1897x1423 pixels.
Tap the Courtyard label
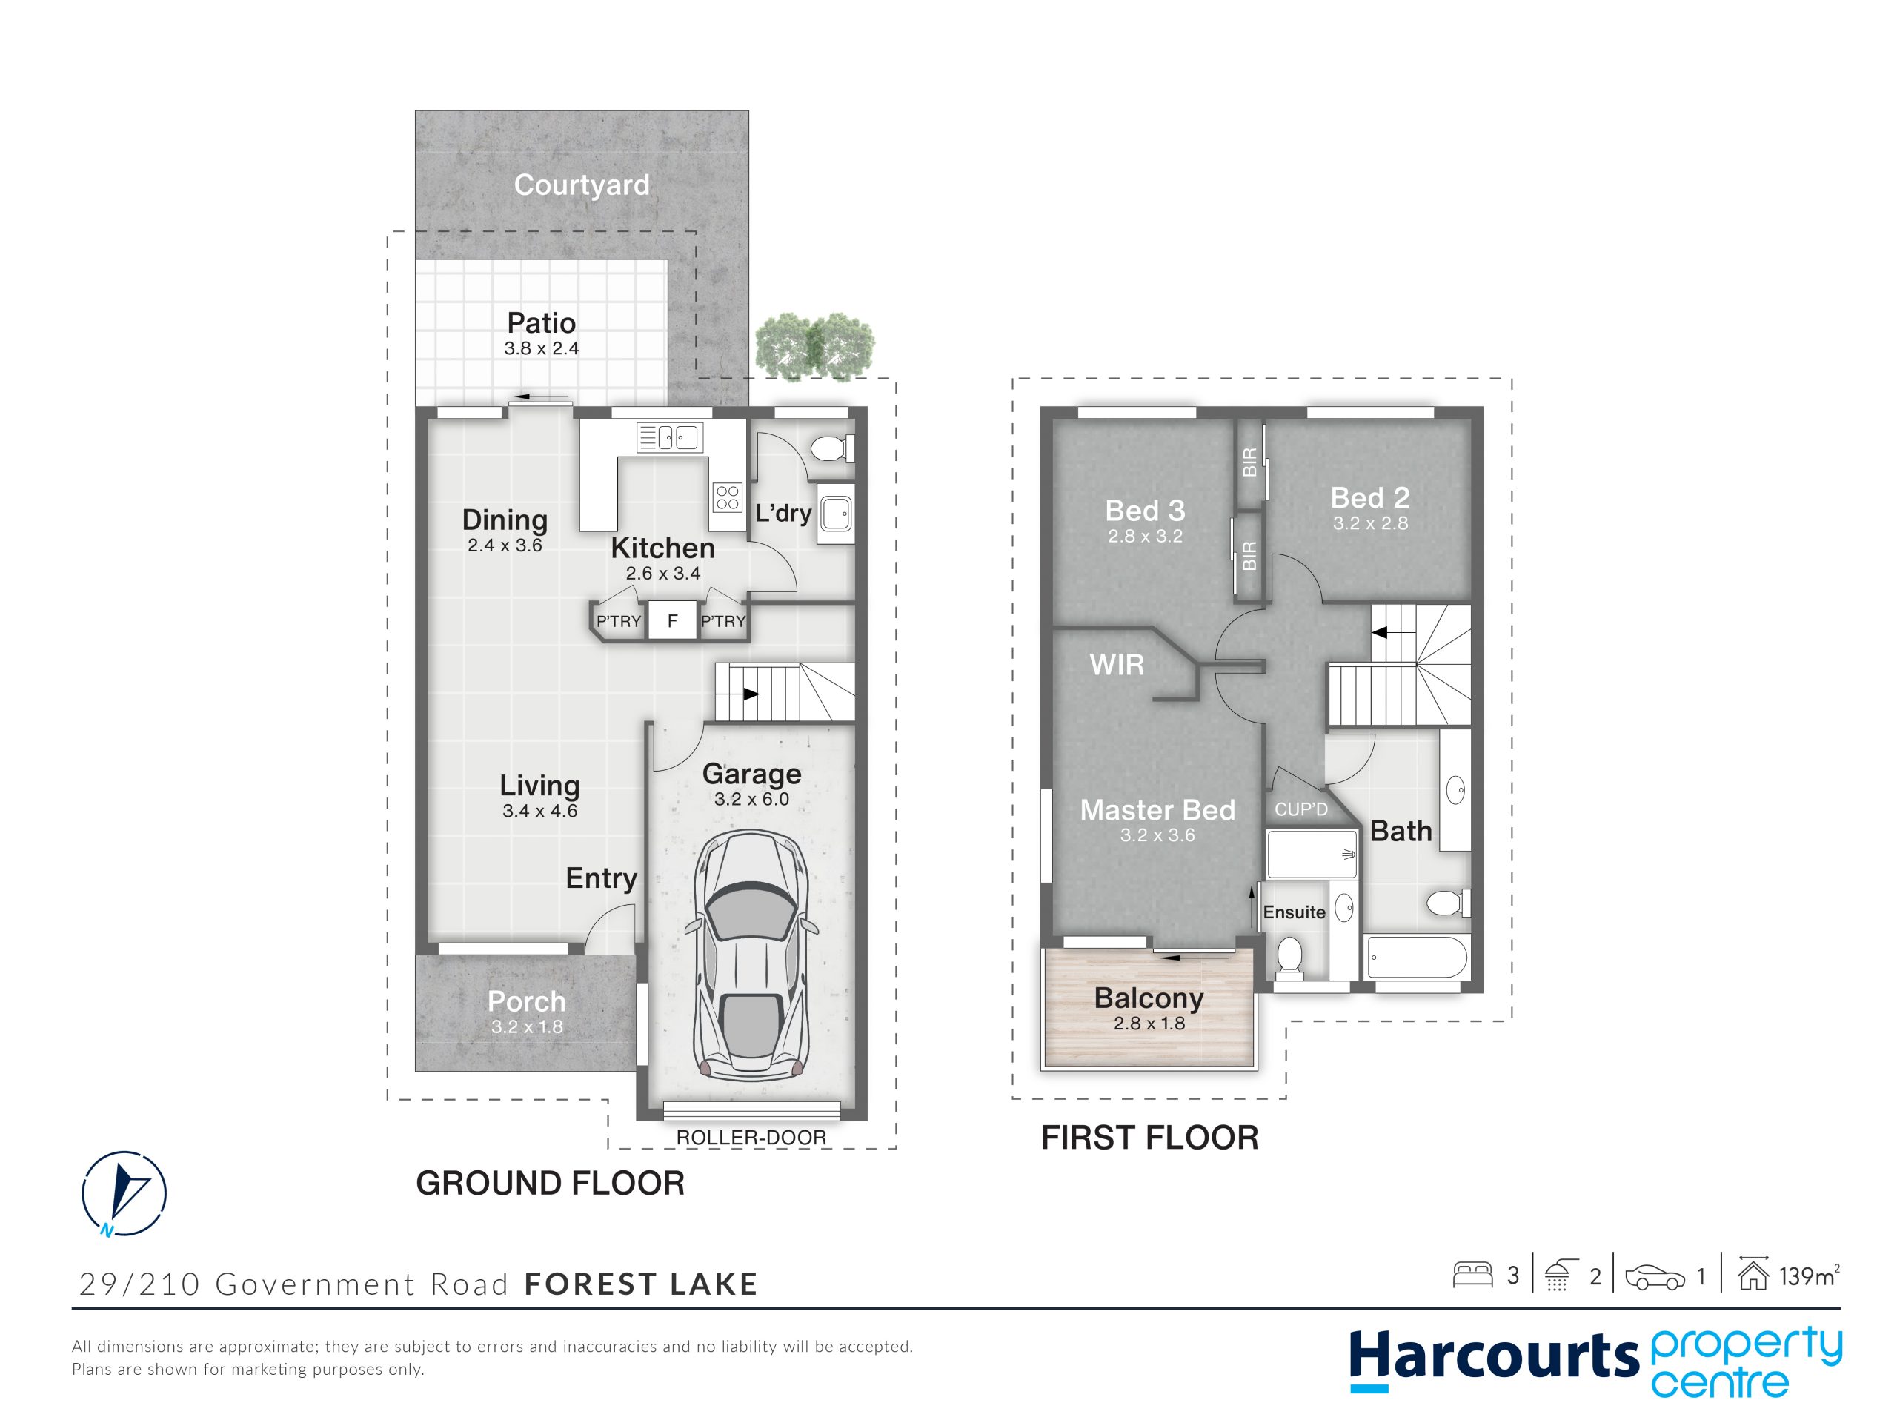click(x=582, y=185)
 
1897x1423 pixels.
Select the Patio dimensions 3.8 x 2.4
click(x=541, y=348)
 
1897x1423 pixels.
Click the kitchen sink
click(x=670, y=437)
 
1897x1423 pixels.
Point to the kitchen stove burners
click(x=727, y=497)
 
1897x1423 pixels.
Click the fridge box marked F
click(x=672, y=620)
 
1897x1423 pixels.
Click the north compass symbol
click(x=124, y=1193)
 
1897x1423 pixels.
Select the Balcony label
click(x=1149, y=998)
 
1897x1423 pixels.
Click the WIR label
click(x=1117, y=664)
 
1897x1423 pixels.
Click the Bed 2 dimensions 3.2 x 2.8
click(x=1370, y=523)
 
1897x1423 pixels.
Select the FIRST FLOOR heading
click(x=1150, y=1138)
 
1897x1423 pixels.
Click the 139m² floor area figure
click(x=1810, y=1276)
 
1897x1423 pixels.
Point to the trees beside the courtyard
click(x=814, y=345)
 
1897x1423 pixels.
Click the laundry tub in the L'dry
click(x=835, y=514)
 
